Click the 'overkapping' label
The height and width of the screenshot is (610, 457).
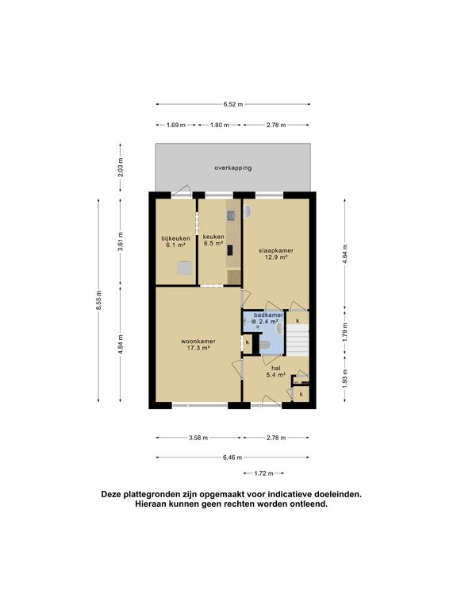(x=232, y=168)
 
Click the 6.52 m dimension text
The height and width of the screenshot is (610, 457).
(x=232, y=104)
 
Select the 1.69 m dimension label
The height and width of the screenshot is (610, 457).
(x=176, y=125)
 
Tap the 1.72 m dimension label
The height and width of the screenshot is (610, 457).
(x=264, y=474)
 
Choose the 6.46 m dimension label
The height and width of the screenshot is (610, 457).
(x=232, y=457)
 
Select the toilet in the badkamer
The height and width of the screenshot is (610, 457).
(x=267, y=344)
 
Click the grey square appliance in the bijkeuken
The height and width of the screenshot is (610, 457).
(x=184, y=270)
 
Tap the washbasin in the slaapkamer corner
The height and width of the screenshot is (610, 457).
(x=247, y=212)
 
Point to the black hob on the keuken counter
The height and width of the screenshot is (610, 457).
(x=231, y=250)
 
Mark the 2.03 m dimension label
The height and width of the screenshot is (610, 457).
(x=120, y=168)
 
